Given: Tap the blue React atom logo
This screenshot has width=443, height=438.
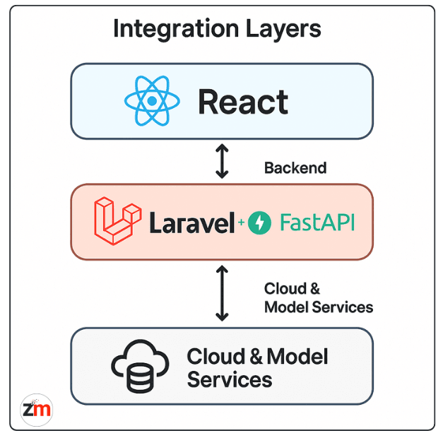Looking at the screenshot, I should [x=151, y=101].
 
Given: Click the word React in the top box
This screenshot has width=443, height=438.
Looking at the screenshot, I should [x=243, y=102].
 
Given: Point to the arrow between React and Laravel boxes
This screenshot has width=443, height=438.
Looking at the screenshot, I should [x=222, y=161].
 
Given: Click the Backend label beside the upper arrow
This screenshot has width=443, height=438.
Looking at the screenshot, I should [x=295, y=168].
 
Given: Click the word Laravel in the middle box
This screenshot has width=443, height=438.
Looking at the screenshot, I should [x=191, y=223].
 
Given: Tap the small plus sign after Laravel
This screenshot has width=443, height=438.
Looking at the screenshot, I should [x=241, y=223].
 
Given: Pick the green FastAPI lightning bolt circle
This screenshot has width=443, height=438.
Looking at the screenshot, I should [x=259, y=223].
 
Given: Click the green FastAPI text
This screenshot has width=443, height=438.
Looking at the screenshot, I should [x=317, y=223].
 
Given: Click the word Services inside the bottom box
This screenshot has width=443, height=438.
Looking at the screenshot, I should [x=230, y=379].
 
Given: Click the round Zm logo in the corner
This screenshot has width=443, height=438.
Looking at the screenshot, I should [x=36, y=409].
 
